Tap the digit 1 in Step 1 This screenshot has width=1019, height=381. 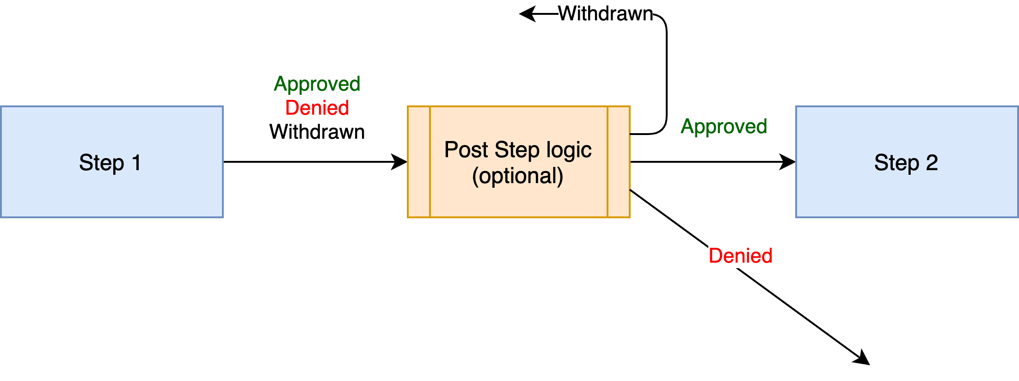coord(136,163)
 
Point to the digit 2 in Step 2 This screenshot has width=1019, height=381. coord(932,163)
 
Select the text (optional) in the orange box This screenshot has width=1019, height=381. coord(518,176)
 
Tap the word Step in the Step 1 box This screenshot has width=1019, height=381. coord(101,163)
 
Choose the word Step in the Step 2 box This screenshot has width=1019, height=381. coord(896,163)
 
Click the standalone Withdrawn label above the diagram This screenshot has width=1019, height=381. coord(605,14)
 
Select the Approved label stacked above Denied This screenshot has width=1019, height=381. coord(317,84)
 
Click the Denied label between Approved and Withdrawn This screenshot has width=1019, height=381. coord(317,108)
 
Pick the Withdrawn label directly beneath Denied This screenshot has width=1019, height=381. coord(317,132)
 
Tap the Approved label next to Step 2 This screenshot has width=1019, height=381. coord(724,127)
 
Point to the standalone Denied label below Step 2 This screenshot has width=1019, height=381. coord(740,256)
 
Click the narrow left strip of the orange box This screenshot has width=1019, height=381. coord(419,162)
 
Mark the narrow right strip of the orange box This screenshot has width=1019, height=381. coord(619,162)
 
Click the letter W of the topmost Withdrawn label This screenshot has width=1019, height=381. coord(568,14)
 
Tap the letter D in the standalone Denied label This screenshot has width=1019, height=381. coord(716,256)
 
